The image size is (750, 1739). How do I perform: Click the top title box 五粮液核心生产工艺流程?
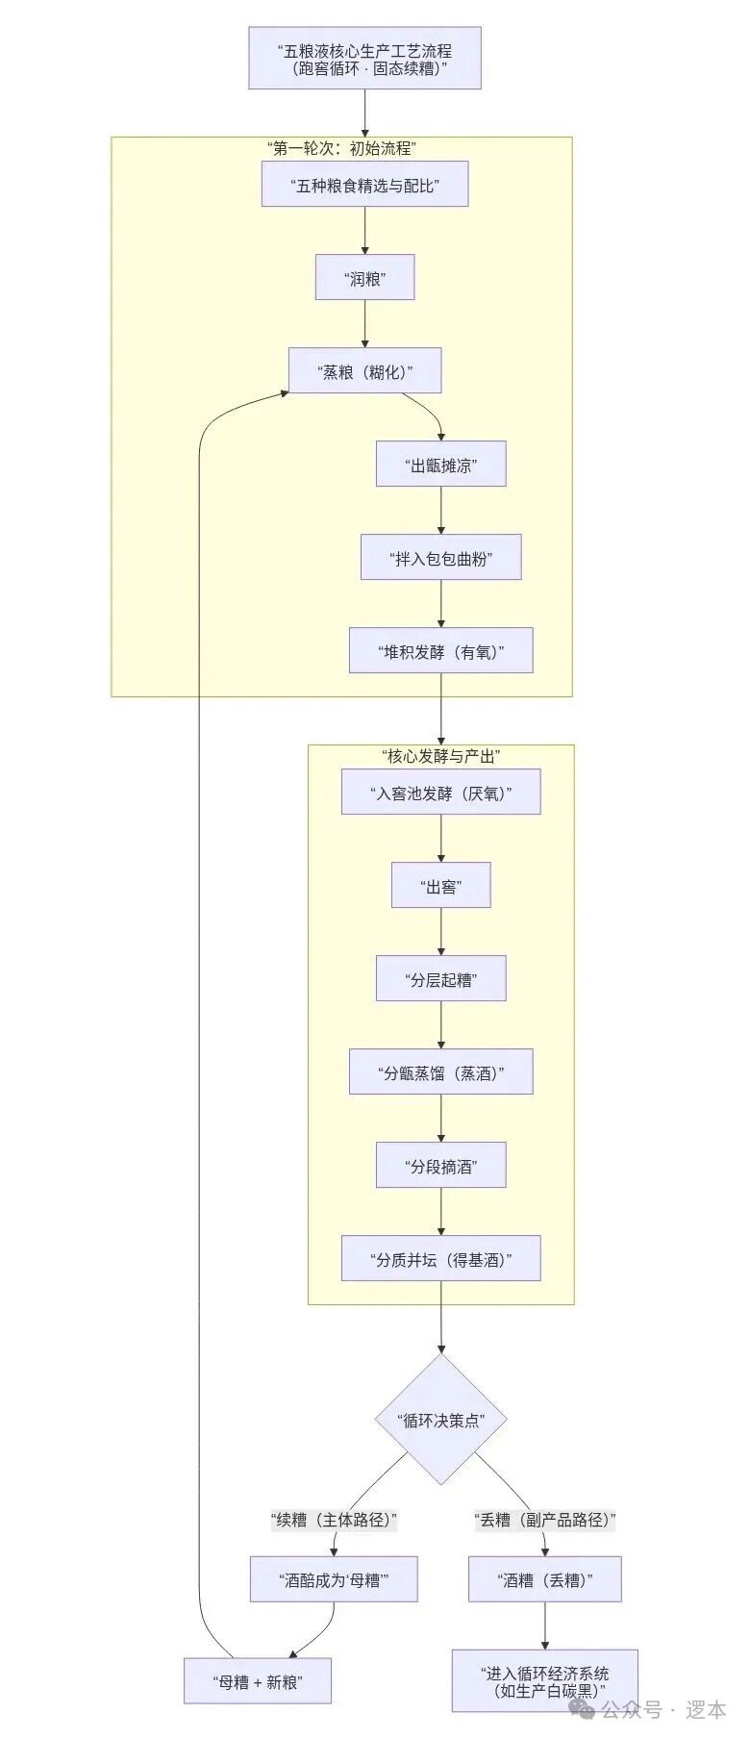[x=364, y=59]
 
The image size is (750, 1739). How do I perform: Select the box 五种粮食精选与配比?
[x=364, y=185]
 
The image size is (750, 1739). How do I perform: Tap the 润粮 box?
[x=364, y=278]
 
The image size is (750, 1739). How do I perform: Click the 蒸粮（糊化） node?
[x=364, y=371]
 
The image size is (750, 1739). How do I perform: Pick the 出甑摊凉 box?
[x=441, y=465]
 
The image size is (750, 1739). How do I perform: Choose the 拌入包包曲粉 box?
[x=441, y=558]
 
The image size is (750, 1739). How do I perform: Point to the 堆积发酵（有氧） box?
[x=441, y=651]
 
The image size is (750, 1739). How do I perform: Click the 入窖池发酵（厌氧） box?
[x=441, y=794]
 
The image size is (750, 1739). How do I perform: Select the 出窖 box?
[x=441, y=886]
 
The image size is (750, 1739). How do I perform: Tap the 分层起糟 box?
[x=441, y=979]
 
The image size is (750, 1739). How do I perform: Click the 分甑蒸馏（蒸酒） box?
[x=441, y=1072]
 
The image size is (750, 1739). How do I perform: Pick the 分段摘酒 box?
[x=441, y=1166]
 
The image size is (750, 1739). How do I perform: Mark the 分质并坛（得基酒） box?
[x=441, y=1258]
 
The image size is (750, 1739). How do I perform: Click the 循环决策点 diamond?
[x=441, y=1420]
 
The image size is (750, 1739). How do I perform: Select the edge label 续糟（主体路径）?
[x=335, y=1520]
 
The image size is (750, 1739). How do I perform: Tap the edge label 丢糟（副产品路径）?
[x=545, y=1520]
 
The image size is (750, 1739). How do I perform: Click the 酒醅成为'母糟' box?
[x=334, y=1578]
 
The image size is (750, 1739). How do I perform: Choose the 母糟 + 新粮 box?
[x=257, y=1681]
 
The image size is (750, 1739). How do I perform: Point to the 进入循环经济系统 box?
[x=545, y=1680]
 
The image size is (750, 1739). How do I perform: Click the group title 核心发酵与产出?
[x=441, y=757]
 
